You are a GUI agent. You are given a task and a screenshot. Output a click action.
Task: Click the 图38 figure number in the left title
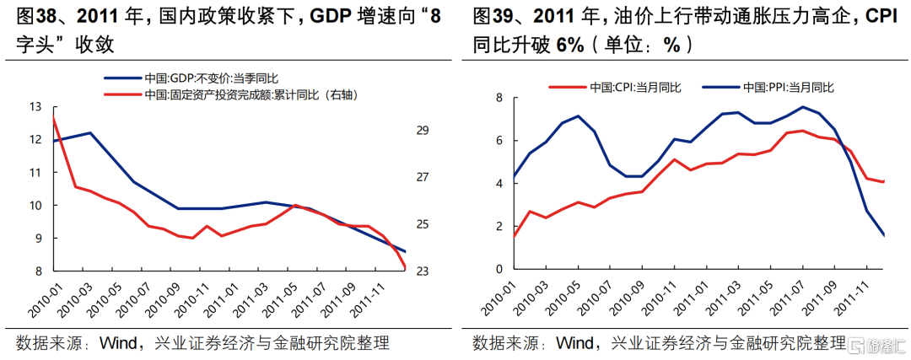30,15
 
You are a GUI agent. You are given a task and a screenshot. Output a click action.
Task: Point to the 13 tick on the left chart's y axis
35,107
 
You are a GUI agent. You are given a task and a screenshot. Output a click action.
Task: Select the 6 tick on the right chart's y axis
499,141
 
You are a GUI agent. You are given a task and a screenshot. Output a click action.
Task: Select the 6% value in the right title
575,45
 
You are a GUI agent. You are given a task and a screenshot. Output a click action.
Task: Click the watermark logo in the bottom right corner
877,346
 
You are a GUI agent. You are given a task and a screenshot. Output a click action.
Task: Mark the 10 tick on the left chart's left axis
35,206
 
